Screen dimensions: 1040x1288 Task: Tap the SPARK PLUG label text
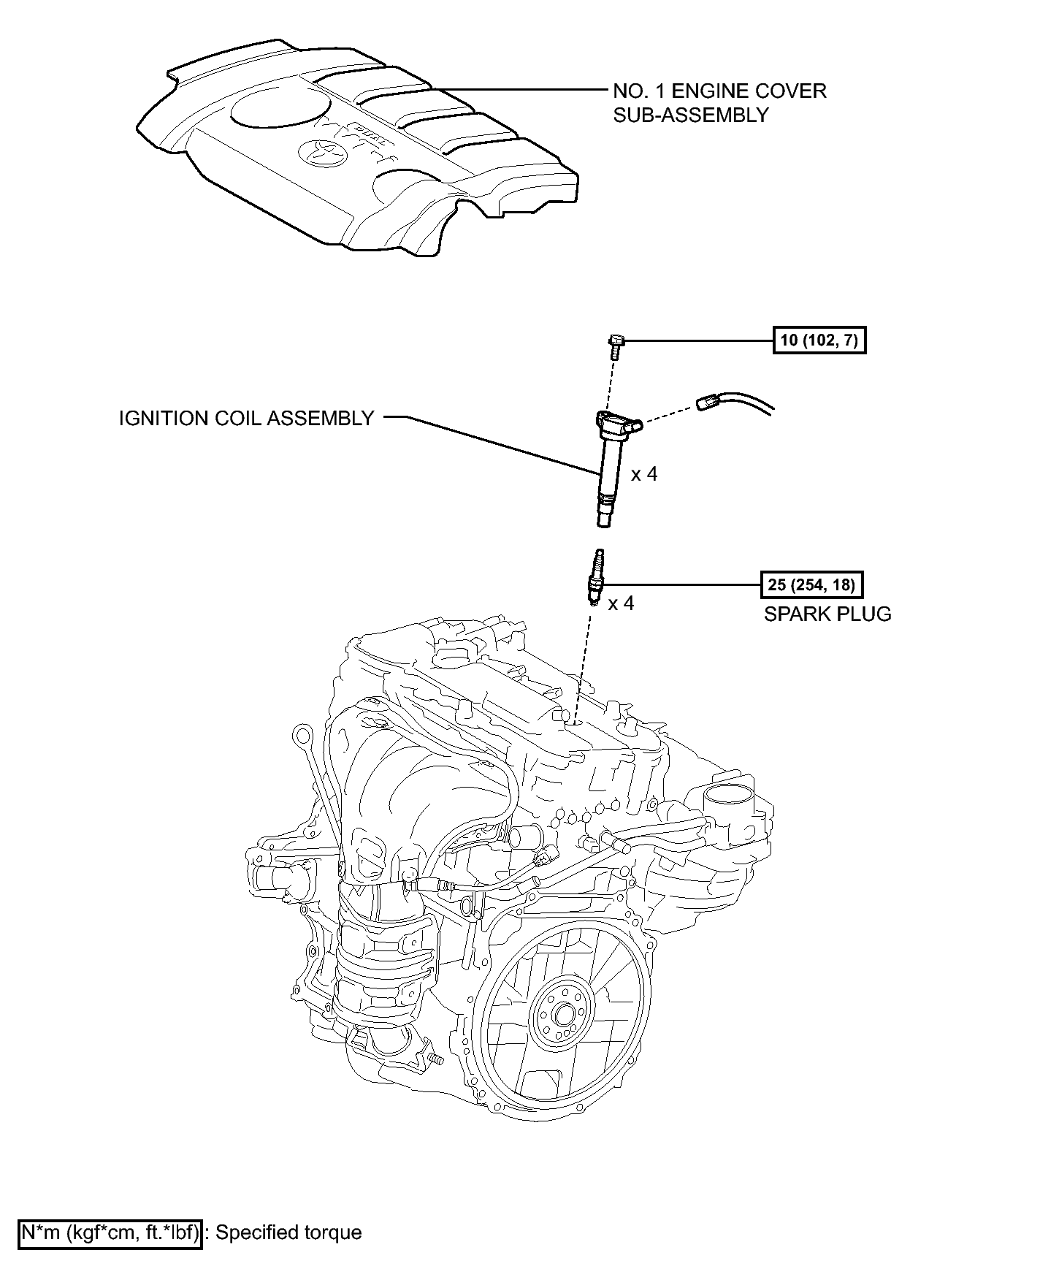827,614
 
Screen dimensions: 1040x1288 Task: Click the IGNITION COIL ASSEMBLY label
247,419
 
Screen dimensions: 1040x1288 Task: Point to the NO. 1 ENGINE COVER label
719,91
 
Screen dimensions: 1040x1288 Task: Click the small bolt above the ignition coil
615,346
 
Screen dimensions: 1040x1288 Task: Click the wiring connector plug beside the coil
708,400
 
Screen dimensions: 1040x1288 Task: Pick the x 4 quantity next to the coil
644,474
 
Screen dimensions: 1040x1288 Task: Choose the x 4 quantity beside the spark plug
622,603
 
